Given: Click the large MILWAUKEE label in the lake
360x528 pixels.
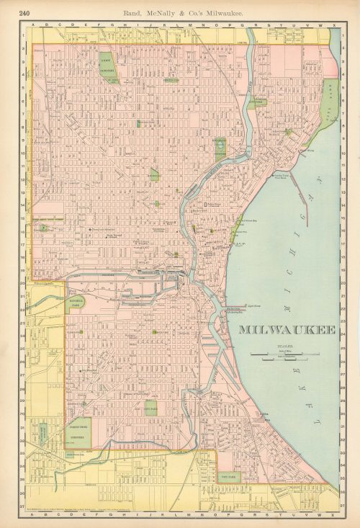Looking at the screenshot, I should [x=287, y=331].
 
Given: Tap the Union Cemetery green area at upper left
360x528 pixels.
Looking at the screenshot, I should [x=108, y=66].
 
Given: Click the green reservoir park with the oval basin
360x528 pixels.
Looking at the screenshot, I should [x=220, y=147].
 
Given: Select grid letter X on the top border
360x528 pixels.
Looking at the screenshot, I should [x=333, y=24].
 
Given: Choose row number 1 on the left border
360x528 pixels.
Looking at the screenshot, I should [x=22, y=34].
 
